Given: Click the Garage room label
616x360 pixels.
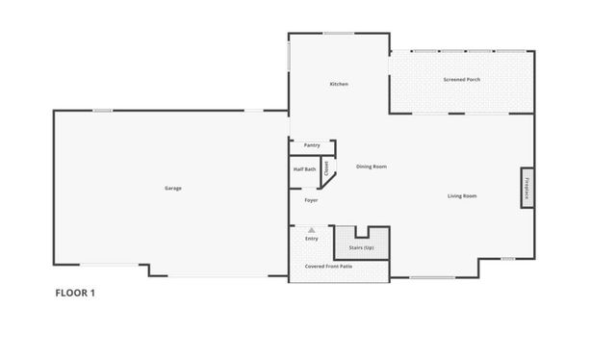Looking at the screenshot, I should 173,188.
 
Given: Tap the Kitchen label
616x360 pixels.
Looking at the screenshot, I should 339,84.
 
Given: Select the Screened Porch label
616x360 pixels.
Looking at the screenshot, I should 461,79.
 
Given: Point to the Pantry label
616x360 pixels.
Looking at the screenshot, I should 312,145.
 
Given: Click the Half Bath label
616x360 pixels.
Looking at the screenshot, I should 304,169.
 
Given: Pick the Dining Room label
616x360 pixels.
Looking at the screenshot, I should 372,167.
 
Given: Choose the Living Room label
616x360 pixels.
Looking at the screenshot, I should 462,195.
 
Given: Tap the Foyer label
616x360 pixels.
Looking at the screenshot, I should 311,200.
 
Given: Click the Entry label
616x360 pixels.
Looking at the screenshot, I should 311,239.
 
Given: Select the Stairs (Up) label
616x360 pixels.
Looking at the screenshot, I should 361,247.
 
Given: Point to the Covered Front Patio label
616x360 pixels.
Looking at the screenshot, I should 328,266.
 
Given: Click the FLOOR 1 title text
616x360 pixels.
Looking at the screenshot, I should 75,292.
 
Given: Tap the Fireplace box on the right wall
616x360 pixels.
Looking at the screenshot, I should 527,188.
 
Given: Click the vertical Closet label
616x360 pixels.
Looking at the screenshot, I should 327,167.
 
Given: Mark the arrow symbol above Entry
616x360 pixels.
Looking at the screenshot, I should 311,230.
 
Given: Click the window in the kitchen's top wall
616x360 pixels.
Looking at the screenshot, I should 339,34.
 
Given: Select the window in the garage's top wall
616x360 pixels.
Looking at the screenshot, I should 102,111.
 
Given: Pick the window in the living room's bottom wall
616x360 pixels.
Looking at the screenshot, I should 432,278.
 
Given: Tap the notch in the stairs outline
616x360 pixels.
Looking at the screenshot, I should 362,232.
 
